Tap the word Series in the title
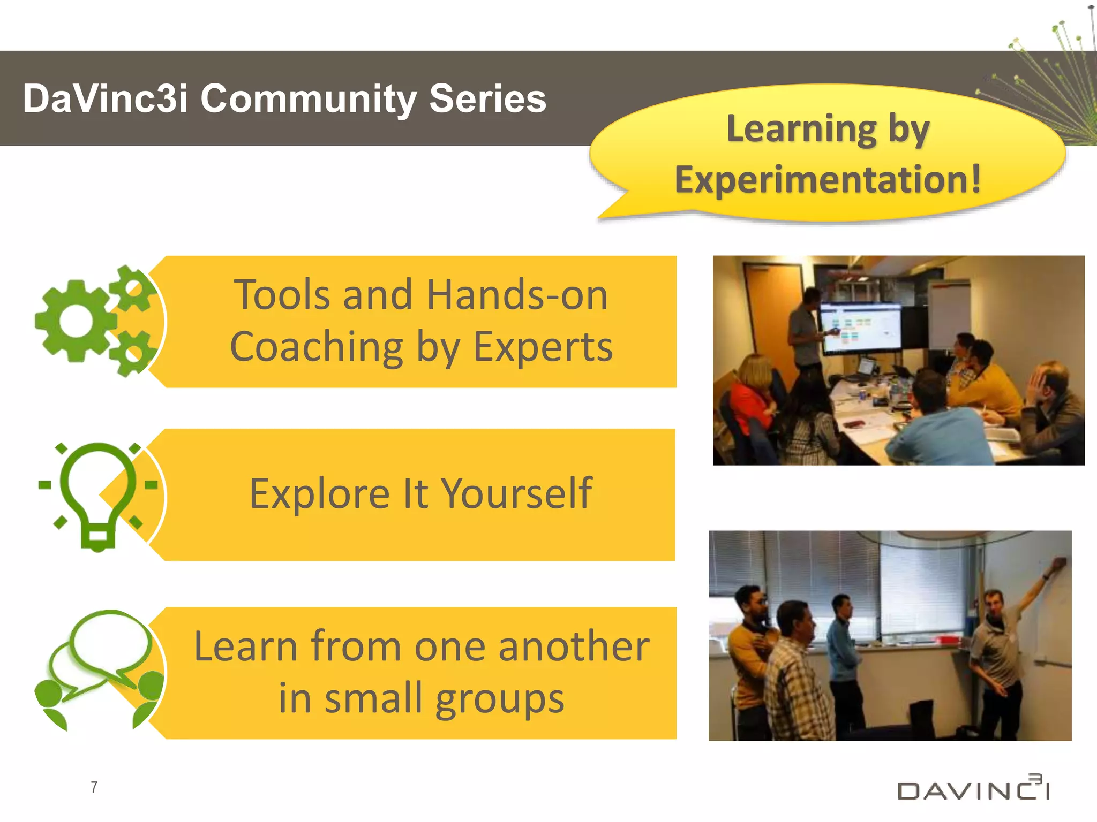tap(487, 99)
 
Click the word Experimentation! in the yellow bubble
tap(828, 179)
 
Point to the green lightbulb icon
tap(97, 495)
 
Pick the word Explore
tap(320, 493)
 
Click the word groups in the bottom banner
tap(499, 698)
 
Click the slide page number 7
tap(94, 787)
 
